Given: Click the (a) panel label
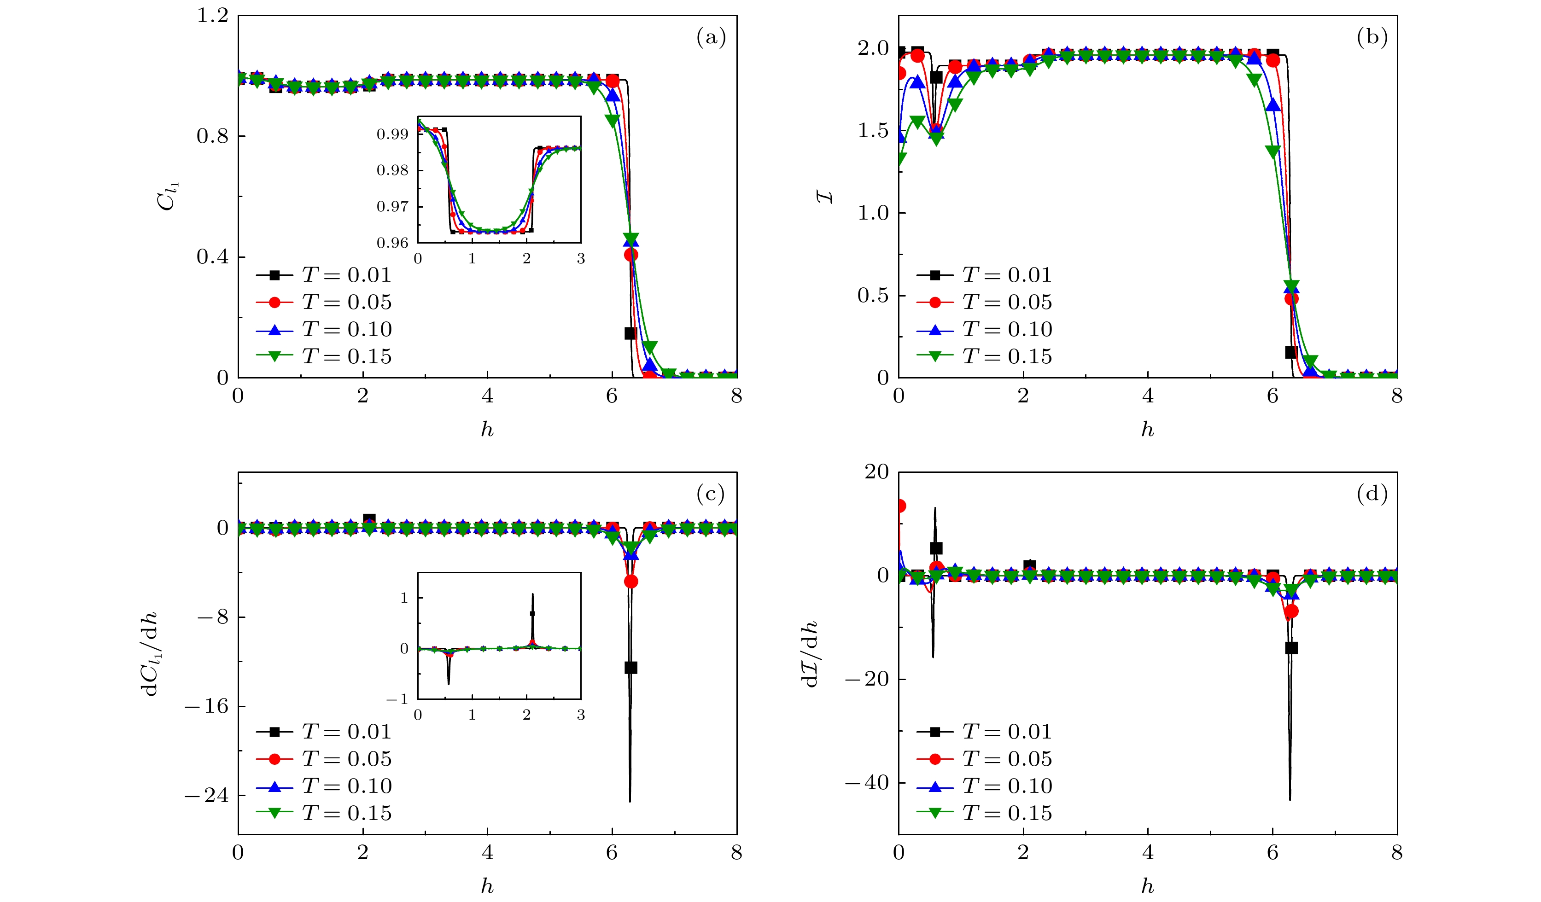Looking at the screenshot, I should click(711, 38).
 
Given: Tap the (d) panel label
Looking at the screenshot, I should click(1372, 494).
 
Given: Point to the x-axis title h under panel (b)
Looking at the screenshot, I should click(1147, 430).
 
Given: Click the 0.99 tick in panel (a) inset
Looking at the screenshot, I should click(392, 134).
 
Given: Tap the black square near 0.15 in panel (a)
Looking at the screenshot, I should click(630, 333).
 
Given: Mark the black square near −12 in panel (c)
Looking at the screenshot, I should click(630, 668).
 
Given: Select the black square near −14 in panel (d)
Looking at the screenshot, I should click(1291, 648).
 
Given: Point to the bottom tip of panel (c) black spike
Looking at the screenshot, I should click(630, 801).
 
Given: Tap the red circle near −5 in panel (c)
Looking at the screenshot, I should click(631, 582).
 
